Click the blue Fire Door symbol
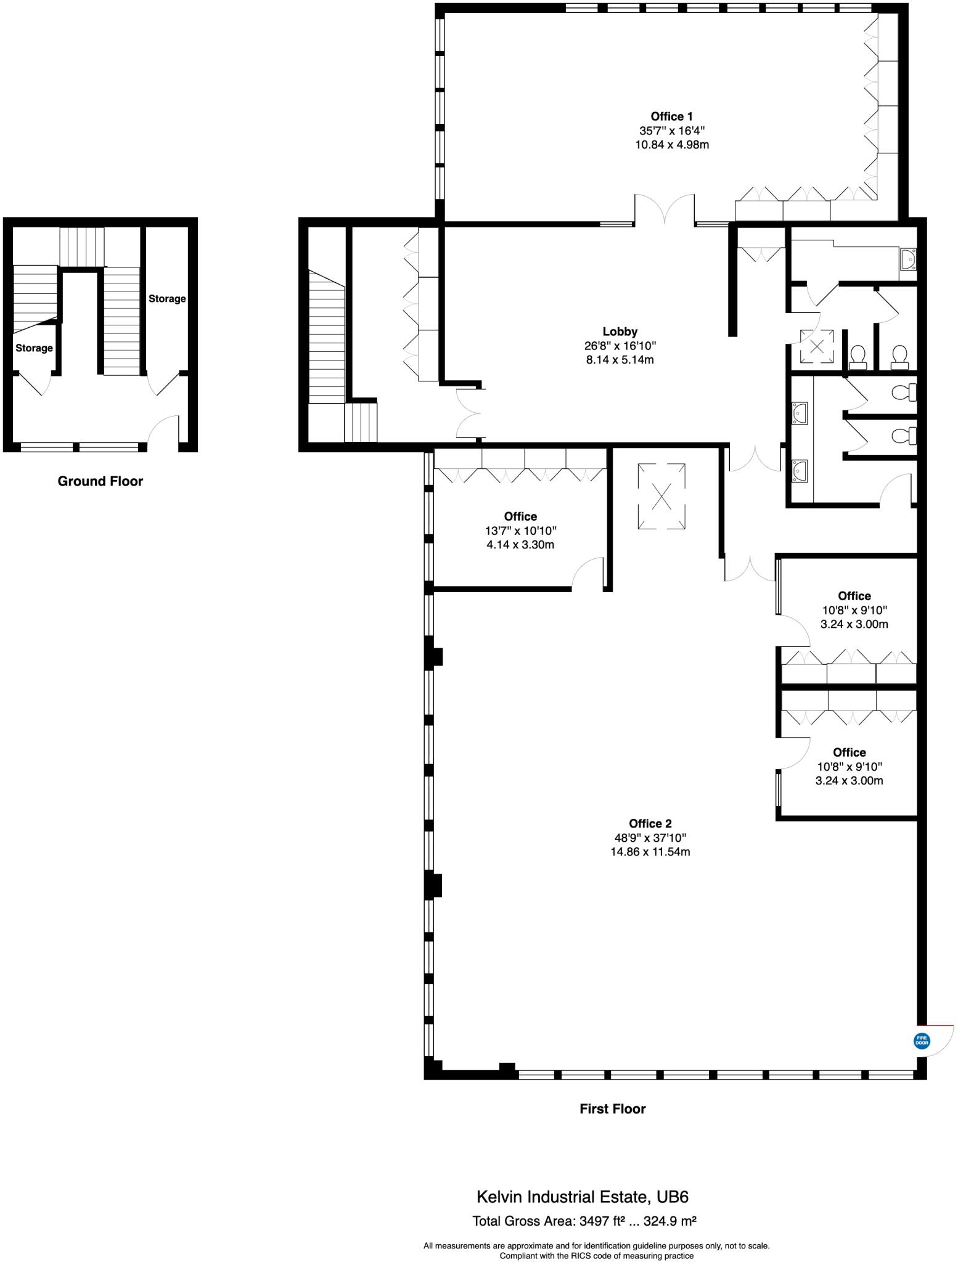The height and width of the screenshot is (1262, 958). click(x=921, y=1041)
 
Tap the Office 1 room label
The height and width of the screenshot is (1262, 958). click(x=671, y=116)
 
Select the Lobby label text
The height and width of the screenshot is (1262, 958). click(x=620, y=332)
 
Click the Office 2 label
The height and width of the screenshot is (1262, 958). click(x=650, y=823)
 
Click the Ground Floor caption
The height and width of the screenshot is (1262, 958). click(x=100, y=481)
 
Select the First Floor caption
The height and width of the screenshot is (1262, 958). click(x=612, y=1109)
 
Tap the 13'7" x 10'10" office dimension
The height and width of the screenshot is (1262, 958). click(x=520, y=531)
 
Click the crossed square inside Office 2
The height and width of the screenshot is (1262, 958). click(x=661, y=496)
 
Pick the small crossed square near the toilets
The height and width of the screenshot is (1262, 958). click(x=817, y=346)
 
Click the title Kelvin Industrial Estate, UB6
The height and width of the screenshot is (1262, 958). click(x=582, y=1197)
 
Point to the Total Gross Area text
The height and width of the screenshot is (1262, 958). click(x=584, y=1221)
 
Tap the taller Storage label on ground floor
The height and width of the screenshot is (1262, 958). click(x=166, y=299)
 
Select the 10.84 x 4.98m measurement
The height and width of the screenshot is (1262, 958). click(x=671, y=145)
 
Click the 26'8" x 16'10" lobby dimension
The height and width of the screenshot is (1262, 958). click(x=620, y=346)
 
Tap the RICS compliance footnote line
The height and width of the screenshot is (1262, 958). click(x=596, y=1255)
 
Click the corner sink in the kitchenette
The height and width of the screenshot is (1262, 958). click(x=907, y=259)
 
